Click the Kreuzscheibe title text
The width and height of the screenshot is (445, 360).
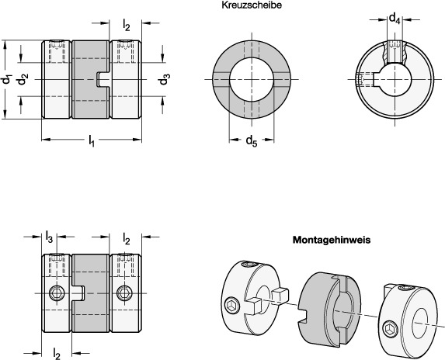[252, 5]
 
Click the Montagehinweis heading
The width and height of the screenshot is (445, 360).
[332, 240]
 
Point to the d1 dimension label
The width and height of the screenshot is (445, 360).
[7, 80]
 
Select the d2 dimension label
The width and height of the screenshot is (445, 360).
[23, 79]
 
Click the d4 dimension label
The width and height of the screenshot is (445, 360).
[395, 19]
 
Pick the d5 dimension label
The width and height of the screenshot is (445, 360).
[252, 140]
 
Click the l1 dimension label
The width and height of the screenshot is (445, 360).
[91, 140]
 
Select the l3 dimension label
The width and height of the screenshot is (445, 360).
[49, 237]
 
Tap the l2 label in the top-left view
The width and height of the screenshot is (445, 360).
[127, 25]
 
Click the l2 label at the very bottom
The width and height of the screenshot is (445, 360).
[57, 354]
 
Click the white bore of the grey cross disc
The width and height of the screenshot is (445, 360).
[252, 79]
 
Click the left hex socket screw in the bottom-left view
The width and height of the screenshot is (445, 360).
[57, 293]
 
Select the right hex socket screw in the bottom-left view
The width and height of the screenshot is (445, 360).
[124, 293]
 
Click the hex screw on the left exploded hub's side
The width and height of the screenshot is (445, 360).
[232, 305]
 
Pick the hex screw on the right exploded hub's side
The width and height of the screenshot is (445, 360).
[388, 329]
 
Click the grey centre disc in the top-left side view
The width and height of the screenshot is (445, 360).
[91, 79]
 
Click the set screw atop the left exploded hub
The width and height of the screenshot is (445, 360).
[250, 265]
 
